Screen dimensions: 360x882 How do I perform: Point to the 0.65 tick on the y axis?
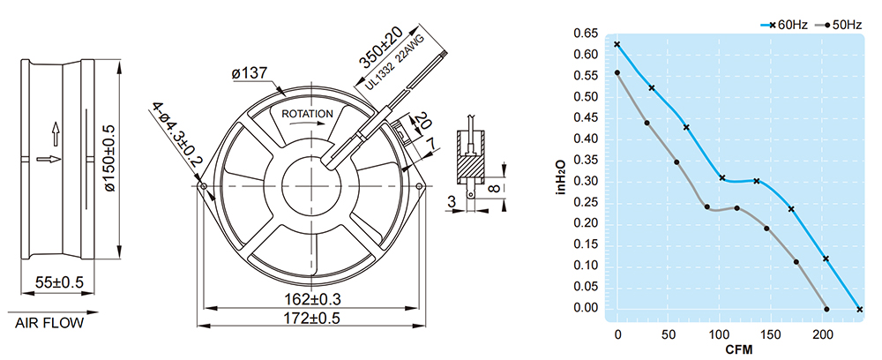point(585,34)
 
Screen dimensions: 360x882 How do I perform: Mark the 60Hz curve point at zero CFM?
point(617,44)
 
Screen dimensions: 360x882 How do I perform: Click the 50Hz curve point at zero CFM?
point(617,72)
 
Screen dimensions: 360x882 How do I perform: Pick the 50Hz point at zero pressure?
point(826,309)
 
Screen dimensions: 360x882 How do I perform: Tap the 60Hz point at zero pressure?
point(860,309)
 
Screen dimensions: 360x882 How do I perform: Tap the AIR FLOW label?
point(49,324)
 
